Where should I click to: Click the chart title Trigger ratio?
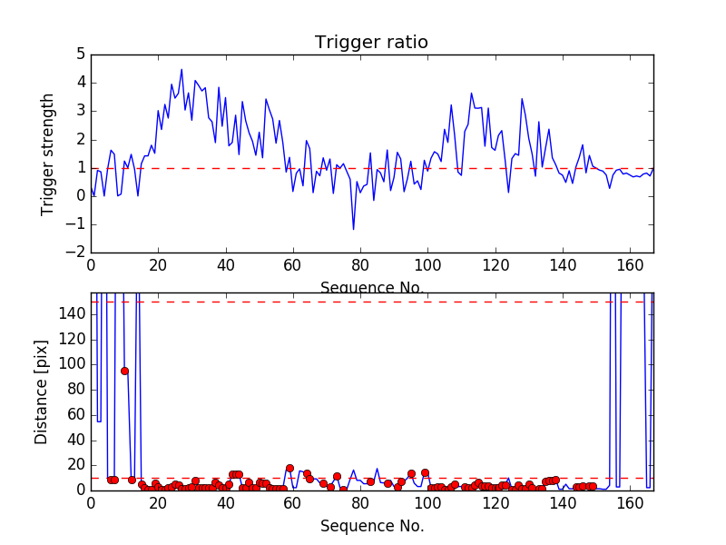(371, 43)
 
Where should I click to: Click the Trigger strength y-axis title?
(48, 154)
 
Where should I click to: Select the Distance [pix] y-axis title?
(42, 391)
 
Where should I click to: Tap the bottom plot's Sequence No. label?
(371, 526)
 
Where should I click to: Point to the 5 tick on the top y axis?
(81, 54)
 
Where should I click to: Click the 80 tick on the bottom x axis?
(360, 502)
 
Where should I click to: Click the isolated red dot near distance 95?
(124, 371)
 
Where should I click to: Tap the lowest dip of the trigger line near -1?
(353, 229)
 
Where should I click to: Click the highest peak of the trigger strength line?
(181, 69)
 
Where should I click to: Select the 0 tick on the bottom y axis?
(81, 490)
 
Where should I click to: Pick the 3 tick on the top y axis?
(81, 111)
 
